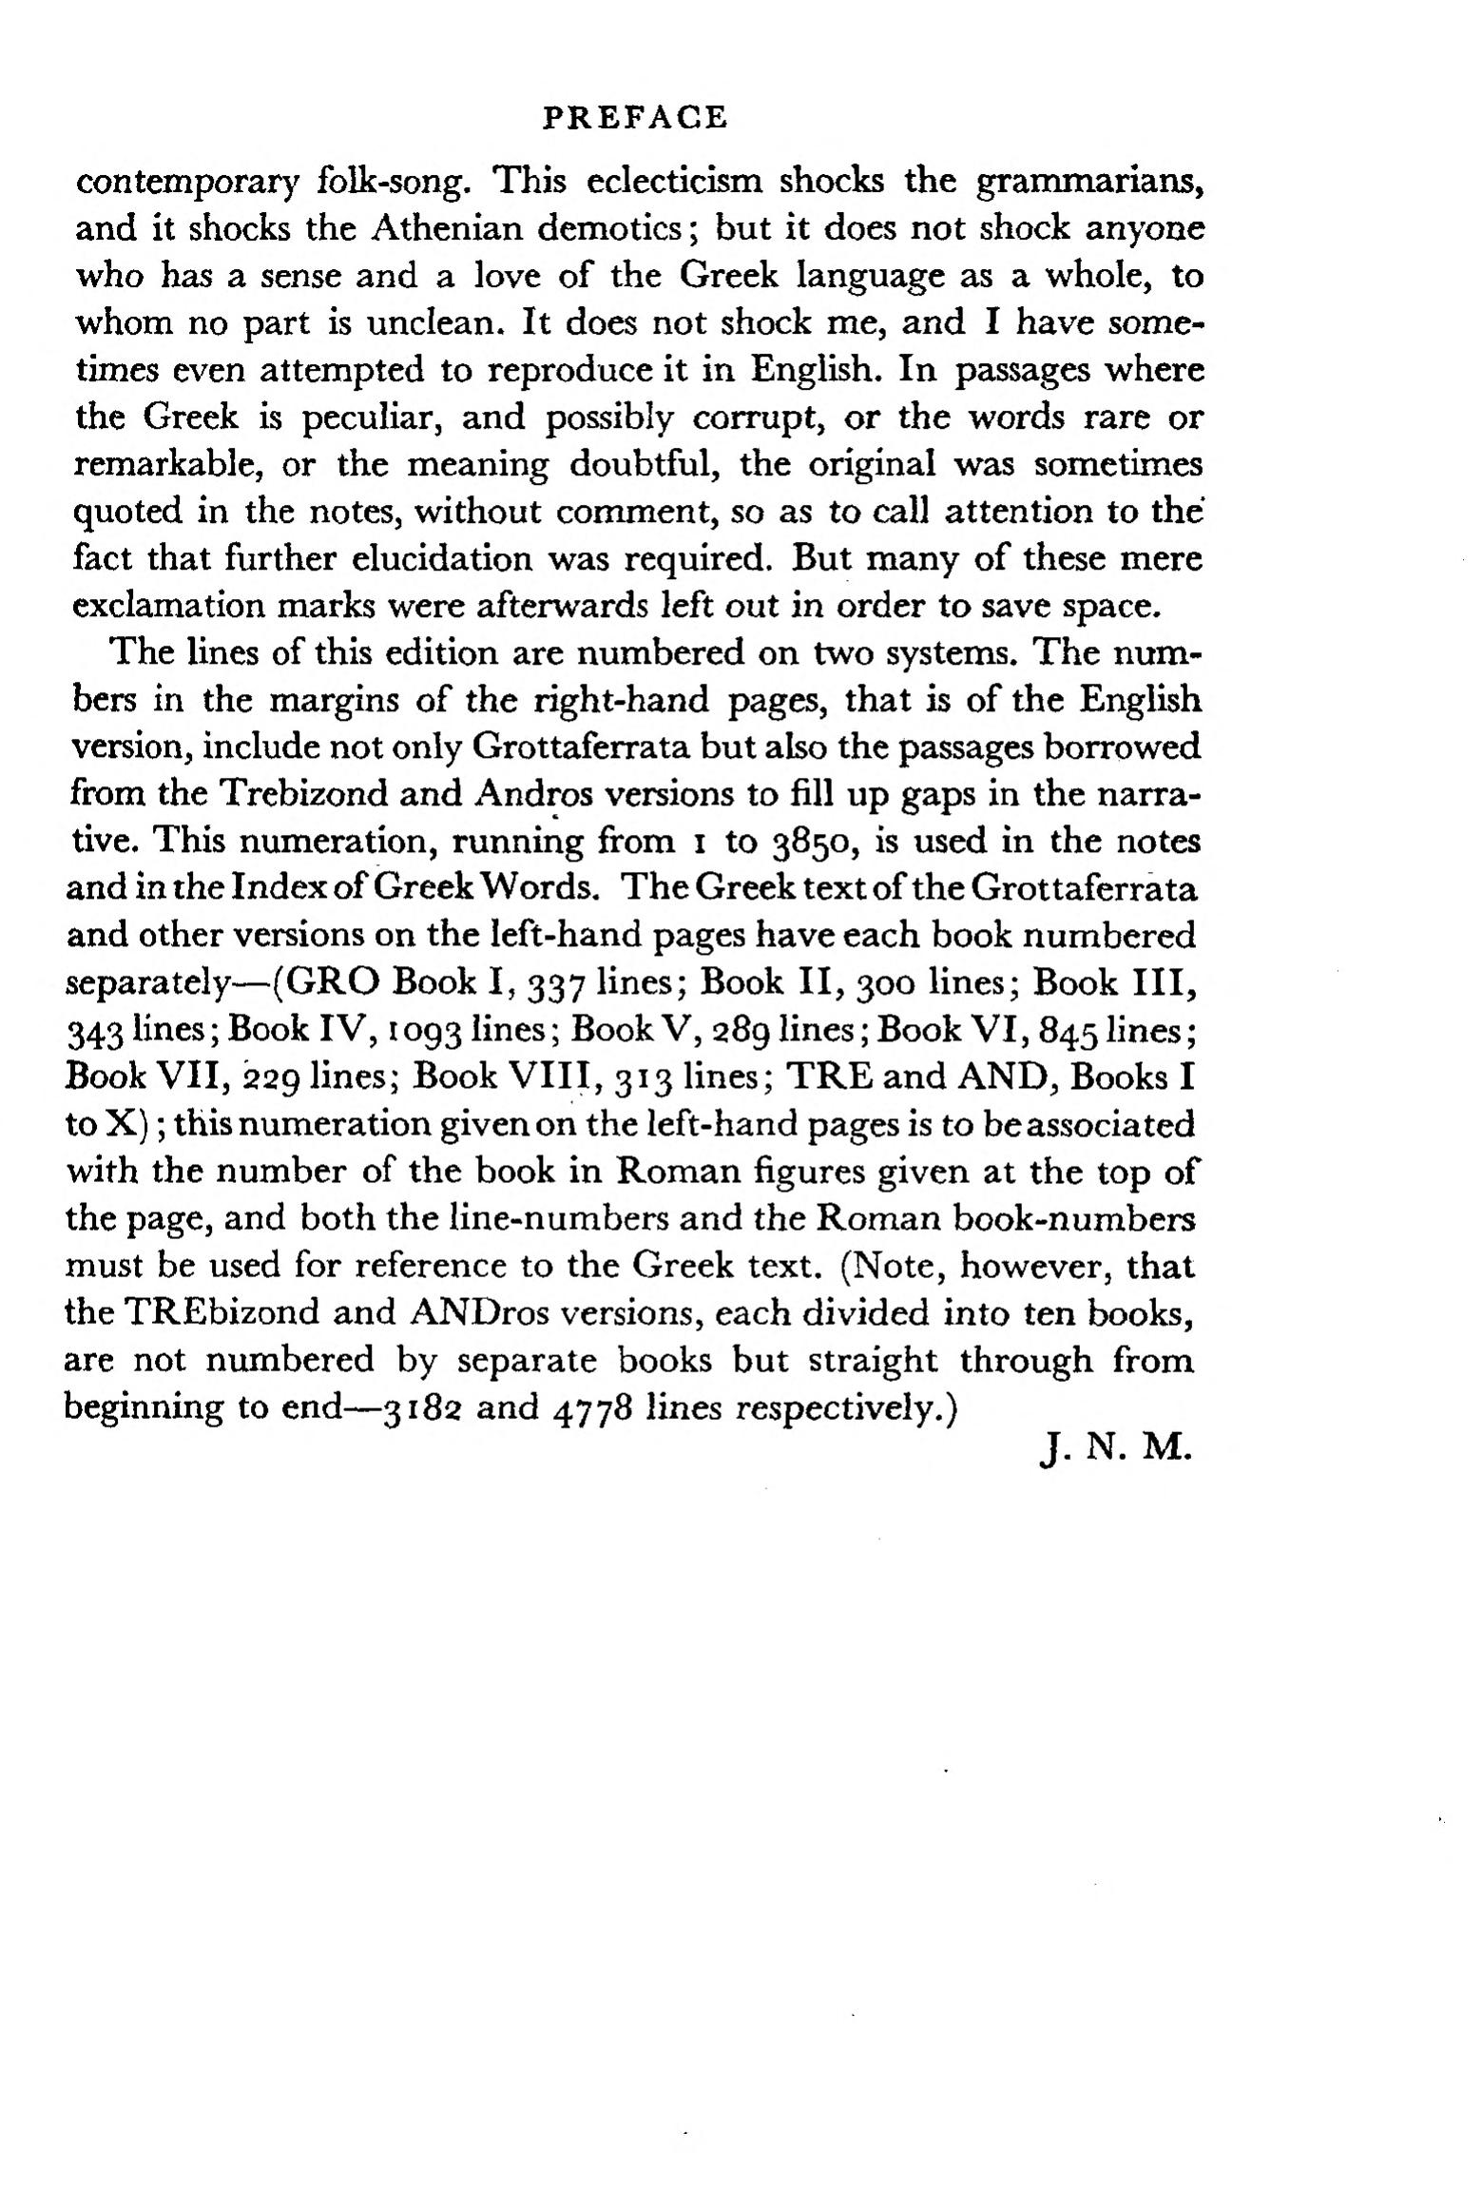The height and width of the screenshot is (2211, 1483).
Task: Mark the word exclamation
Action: tap(181, 606)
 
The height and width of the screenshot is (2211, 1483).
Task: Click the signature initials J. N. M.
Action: tap(1115, 1453)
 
